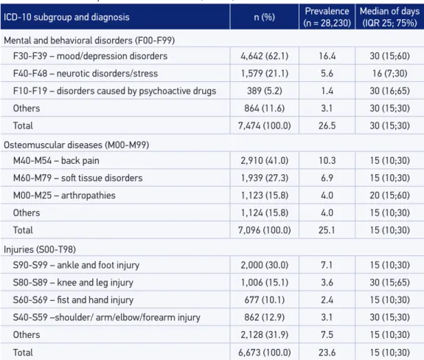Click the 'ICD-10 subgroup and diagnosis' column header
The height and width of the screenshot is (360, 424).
(x=66, y=17)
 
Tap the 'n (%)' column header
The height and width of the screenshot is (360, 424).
(x=265, y=17)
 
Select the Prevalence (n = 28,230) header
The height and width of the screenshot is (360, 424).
(x=327, y=17)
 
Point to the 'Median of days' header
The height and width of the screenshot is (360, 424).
(x=389, y=11)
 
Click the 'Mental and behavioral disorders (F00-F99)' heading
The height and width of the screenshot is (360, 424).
(x=89, y=41)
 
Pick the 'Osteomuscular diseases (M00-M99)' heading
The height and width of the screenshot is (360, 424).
(x=76, y=145)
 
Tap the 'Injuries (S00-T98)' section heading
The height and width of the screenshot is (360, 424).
(x=40, y=249)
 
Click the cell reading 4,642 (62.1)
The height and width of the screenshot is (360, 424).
(x=265, y=56)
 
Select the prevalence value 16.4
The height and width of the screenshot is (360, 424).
(x=327, y=56)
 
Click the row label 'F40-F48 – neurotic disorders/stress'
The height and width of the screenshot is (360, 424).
(x=86, y=74)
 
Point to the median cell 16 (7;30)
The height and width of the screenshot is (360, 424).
(x=389, y=74)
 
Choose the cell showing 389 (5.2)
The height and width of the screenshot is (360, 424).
(x=265, y=91)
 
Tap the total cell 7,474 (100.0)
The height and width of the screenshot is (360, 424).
(x=265, y=125)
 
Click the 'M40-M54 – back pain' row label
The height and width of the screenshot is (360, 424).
(x=56, y=161)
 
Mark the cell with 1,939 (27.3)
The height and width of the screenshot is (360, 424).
(x=265, y=178)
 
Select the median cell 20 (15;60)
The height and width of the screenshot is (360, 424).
(x=389, y=195)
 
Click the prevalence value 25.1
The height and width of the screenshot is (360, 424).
(x=327, y=230)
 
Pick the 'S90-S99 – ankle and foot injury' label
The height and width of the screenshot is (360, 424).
(x=76, y=265)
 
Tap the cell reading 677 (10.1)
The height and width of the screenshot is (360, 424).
(x=265, y=300)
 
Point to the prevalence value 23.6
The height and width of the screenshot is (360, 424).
(x=327, y=353)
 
